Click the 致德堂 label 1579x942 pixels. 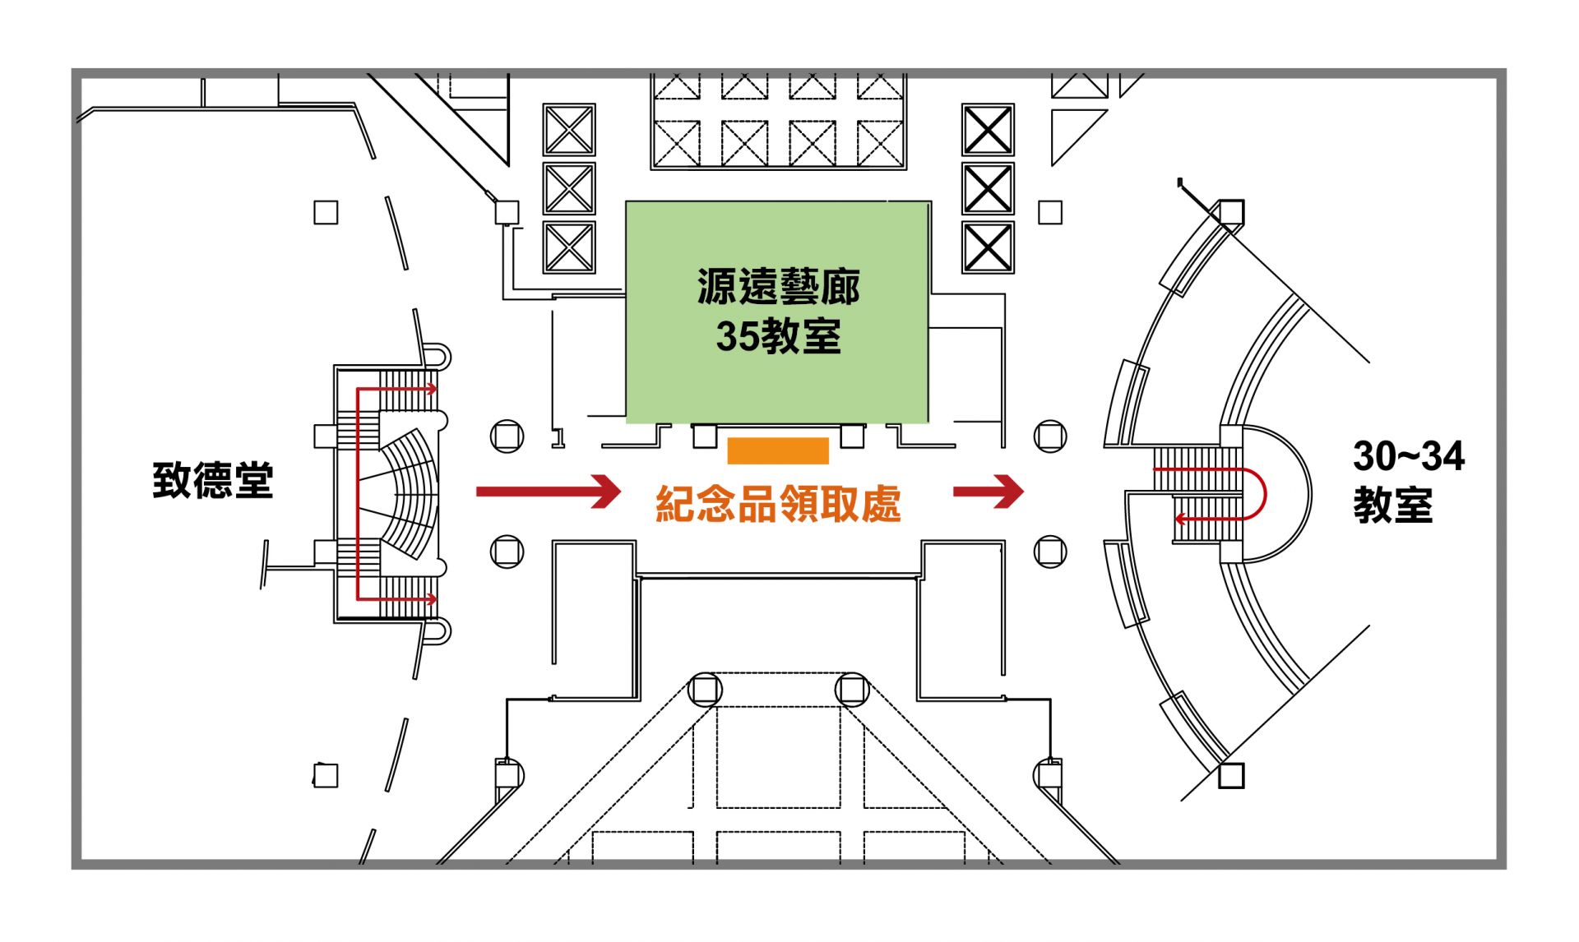pyautogui.click(x=212, y=480)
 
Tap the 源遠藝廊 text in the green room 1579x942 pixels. pyautogui.click(x=778, y=288)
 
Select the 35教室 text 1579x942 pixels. pyautogui.click(x=778, y=336)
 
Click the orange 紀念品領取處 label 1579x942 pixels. pyautogui.click(x=778, y=504)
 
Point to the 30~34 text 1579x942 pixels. pyautogui.click(x=1408, y=457)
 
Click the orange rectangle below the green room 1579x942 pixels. pyautogui.click(x=778, y=451)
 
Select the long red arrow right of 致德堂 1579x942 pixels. pyautogui.click(x=548, y=492)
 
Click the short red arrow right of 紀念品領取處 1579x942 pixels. pyautogui.click(x=988, y=492)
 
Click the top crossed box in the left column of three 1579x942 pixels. pyautogui.click(x=568, y=130)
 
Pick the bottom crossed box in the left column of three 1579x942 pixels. pyautogui.click(x=568, y=247)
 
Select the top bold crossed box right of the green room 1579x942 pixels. pyautogui.click(x=988, y=130)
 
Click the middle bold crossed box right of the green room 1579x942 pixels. pyautogui.click(x=988, y=188)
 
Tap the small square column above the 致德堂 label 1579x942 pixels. pyautogui.click(x=326, y=213)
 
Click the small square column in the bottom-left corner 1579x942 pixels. pyautogui.click(x=326, y=775)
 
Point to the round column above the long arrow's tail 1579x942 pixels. pyautogui.click(x=507, y=436)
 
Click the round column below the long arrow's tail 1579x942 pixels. pyautogui.click(x=507, y=551)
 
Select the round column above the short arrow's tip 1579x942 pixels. pyautogui.click(x=1050, y=436)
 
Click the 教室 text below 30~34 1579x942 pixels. pyautogui.click(x=1392, y=506)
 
